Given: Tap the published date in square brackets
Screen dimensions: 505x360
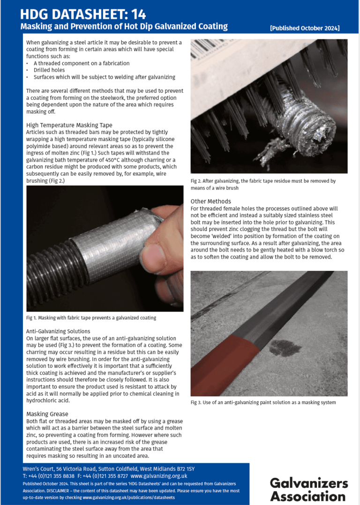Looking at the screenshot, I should point(305,29).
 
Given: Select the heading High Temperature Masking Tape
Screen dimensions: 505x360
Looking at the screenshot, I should point(69,125).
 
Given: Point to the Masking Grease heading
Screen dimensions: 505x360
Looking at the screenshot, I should point(47,414).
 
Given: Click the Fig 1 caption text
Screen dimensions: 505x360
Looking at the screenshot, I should point(91,318).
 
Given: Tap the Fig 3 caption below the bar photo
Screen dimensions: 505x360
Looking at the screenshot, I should point(263,402).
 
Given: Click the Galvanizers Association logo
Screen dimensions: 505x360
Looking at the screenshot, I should point(308,490).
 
